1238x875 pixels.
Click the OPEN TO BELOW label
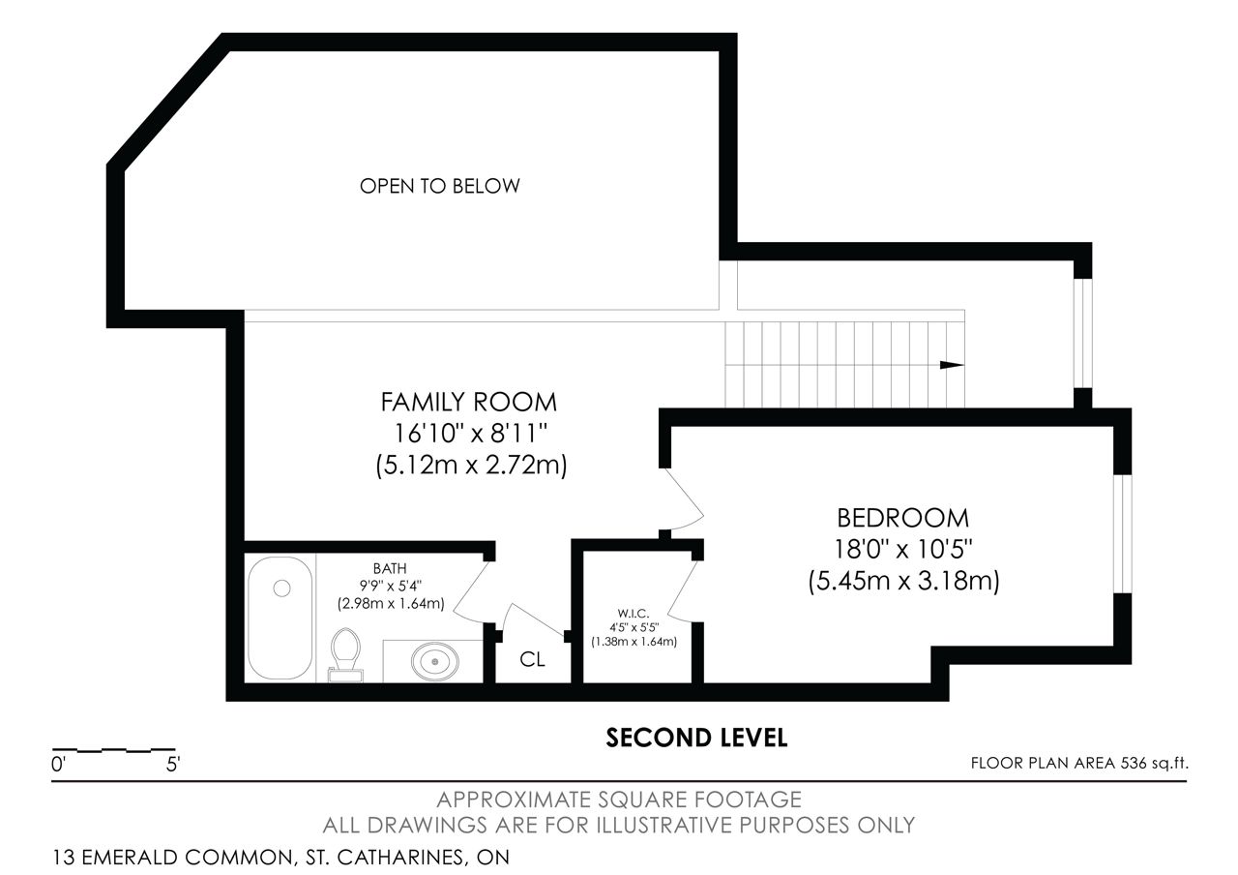pos(439,187)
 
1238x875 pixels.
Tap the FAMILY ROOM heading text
pos(469,402)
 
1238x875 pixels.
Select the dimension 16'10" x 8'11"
pos(470,433)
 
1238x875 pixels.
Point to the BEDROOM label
pos(903,518)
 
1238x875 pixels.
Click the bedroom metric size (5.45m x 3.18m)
pos(904,582)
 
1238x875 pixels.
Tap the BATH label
pos(390,568)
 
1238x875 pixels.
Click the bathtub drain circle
pos(281,588)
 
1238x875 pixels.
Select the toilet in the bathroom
pos(345,655)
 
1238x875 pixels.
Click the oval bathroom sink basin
pos(435,661)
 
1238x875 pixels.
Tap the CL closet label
pos(532,659)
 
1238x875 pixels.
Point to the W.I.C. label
pos(634,614)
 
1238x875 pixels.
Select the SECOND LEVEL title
pos(696,738)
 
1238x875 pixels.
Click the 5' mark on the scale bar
pos(173,765)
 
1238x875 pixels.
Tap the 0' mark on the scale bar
pos(59,765)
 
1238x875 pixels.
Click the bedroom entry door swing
pos(684,500)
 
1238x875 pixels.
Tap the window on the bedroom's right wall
pos(1123,534)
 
